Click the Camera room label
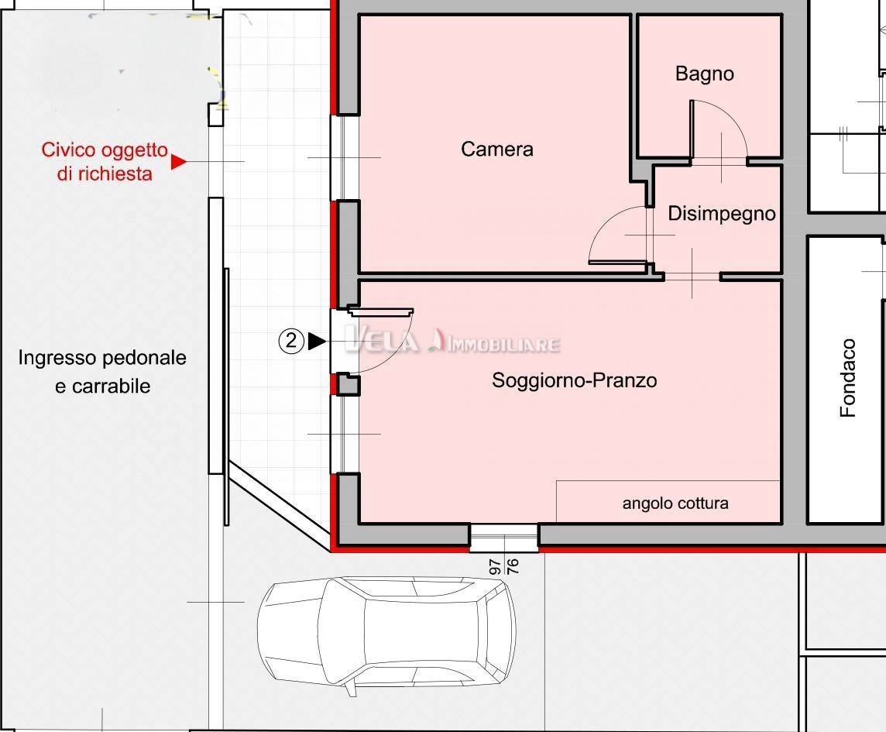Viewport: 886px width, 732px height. (496, 149)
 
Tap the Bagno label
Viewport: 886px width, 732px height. (704, 74)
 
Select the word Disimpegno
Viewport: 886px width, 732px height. (721, 213)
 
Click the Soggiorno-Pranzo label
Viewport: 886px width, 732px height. (574, 380)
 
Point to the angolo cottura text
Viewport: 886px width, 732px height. (675, 503)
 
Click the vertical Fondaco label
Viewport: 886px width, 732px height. (849, 378)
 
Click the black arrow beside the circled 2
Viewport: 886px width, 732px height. (315, 342)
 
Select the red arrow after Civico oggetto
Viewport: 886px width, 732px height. (178, 162)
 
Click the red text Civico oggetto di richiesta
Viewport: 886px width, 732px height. (104, 161)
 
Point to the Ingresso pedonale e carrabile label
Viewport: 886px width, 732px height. (102, 372)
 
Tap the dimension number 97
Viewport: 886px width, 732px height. (494, 566)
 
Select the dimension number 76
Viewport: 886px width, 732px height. (512, 566)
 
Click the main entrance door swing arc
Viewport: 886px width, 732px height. (391, 349)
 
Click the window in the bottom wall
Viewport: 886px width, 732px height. (503, 535)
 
